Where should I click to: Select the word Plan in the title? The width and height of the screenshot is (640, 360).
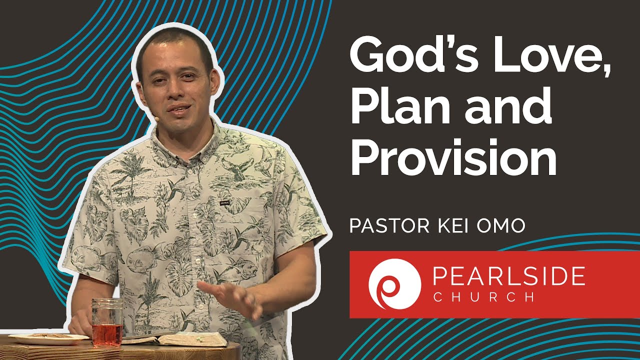point(396,107)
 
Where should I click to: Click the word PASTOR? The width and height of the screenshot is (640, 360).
point(386,225)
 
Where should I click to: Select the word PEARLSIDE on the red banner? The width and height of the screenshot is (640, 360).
point(508,276)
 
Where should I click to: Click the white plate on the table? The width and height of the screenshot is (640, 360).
point(48,338)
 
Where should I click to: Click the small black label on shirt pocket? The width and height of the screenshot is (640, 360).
point(224,203)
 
